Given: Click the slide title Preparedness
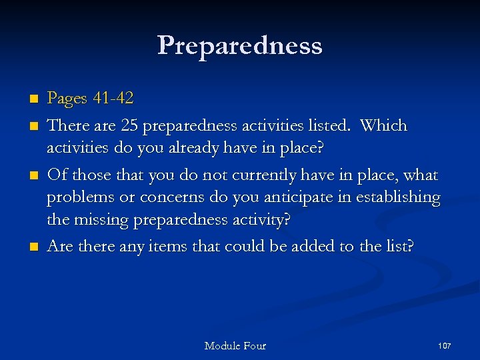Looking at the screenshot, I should tap(240, 46).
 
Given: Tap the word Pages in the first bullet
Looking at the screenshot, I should tap(67, 99).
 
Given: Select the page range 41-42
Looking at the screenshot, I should tap(113, 99).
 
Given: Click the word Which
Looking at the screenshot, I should tap(384, 126).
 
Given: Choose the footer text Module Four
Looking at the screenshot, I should tap(235, 345).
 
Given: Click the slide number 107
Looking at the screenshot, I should tap(445, 345).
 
